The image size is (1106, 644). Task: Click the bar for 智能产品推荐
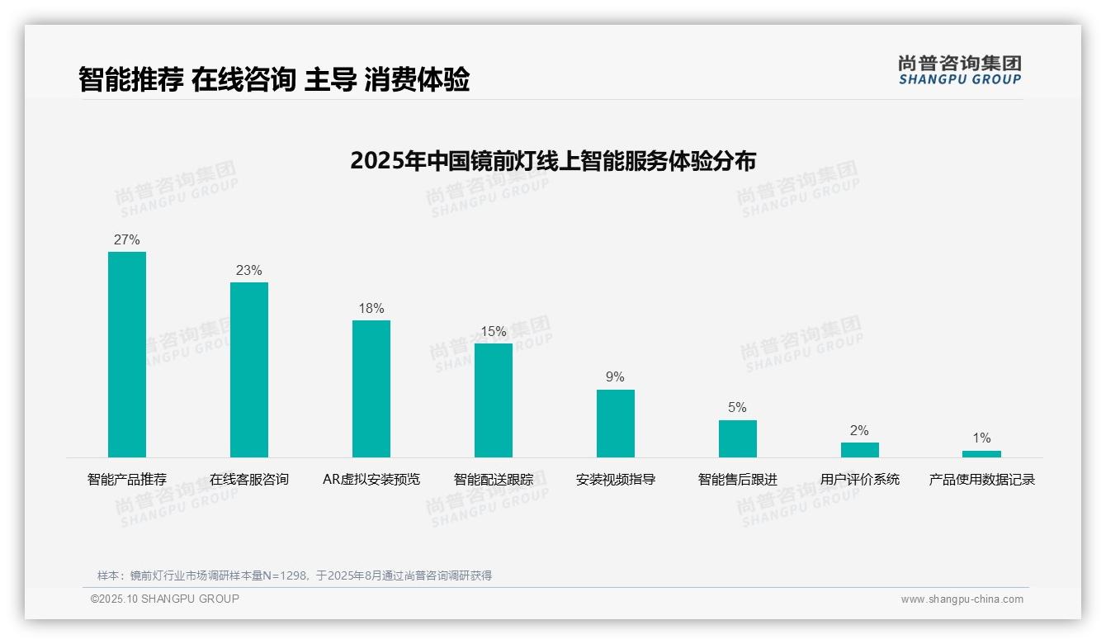pos(127,354)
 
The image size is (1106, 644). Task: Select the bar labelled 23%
pos(249,370)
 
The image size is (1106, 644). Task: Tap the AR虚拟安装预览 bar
pos(371,389)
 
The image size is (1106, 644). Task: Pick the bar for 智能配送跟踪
pos(494,400)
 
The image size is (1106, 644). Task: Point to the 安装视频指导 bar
pos(616,424)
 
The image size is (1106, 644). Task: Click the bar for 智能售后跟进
pos(738,438)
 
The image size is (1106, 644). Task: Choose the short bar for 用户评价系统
pos(860,450)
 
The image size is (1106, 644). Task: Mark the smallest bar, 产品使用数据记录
pos(981,454)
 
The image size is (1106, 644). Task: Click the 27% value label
pos(127,240)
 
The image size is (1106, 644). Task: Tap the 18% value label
pos(371,309)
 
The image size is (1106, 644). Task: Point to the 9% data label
pos(616,377)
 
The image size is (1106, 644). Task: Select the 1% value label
pos(981,438)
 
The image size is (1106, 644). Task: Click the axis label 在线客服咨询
pos(249,480)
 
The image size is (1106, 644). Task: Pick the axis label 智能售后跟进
pos(738,480)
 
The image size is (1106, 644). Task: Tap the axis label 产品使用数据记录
pos(981,480)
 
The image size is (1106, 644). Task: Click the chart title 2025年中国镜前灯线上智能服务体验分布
pos(553,161)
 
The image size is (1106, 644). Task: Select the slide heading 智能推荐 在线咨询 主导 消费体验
pos(274,80)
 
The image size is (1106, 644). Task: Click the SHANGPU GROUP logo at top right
pos(959,70)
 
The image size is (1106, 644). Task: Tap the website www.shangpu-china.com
pos(962,599)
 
